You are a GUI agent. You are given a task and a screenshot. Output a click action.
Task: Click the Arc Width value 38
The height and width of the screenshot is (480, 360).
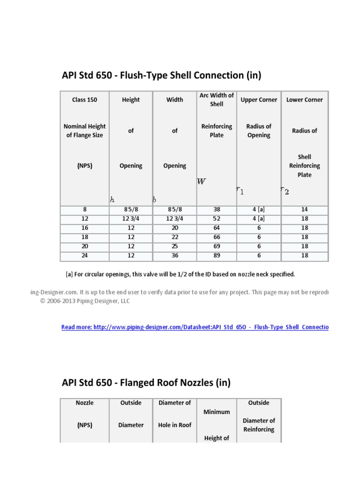tap(217, 210)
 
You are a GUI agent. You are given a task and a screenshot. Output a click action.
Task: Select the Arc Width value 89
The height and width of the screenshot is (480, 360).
tap(217, 255)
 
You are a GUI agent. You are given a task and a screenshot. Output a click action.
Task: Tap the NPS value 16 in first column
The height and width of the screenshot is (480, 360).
tap(85, 228)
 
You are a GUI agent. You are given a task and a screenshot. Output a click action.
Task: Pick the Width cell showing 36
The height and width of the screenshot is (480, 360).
tap(174, 255)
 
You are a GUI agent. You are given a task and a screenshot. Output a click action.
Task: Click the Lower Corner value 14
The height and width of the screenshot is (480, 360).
tap(304, 210)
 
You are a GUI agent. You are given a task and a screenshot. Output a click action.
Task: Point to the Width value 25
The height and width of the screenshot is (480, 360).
tap(174, 246)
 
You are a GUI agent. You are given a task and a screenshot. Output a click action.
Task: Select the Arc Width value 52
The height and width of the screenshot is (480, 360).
tap(217, 219)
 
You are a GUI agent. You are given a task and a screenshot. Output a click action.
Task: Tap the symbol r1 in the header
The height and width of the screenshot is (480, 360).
tap(240, 190)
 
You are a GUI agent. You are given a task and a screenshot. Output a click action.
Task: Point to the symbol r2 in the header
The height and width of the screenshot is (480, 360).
tap(285, 190)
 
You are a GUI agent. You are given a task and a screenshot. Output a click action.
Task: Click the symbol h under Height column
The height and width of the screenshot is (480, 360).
tap(112, 199)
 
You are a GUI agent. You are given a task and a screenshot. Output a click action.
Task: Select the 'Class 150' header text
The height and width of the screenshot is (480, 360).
tap(85, 100)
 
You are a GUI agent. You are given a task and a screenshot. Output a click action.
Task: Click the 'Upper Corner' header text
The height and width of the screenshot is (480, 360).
tap(259, 100)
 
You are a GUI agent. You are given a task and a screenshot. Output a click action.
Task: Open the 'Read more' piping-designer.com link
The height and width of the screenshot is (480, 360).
tap(195, 327)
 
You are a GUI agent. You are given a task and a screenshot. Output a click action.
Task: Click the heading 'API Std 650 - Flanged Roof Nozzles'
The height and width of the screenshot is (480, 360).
tap(146, 382)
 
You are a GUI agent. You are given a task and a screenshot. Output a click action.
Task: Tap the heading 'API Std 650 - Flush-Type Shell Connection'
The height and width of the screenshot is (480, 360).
tap(161, 75)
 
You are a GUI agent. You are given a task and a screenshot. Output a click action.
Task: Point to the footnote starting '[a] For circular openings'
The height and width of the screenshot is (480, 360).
tap(180, 274)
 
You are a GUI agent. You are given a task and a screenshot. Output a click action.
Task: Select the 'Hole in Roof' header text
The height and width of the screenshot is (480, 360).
tap(174, 425)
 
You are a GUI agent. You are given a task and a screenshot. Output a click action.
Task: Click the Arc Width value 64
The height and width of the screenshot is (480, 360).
tap(217, 228)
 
